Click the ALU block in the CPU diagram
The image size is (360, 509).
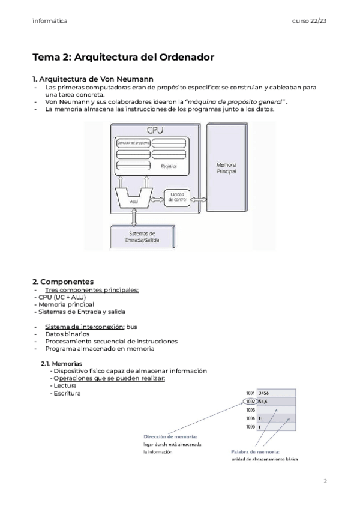(134, 198)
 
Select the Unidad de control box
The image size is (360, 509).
(176, 197)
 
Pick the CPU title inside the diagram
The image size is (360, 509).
(155, 130)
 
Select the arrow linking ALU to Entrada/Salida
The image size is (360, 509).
(134, 214)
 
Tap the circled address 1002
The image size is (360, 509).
(250, 402)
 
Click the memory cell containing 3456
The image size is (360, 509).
(276, 393)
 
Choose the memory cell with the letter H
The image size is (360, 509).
(276, 418)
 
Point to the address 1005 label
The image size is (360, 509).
(250, 427)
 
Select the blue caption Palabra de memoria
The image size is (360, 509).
(254, 451)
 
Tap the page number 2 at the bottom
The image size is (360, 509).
(325, 481)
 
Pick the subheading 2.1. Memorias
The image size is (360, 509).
(61, 364)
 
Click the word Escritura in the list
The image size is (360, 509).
(67, 393)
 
